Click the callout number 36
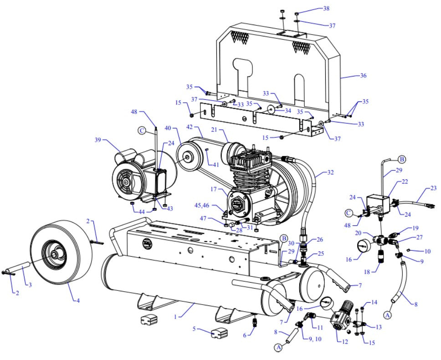362,76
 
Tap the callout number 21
214,130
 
